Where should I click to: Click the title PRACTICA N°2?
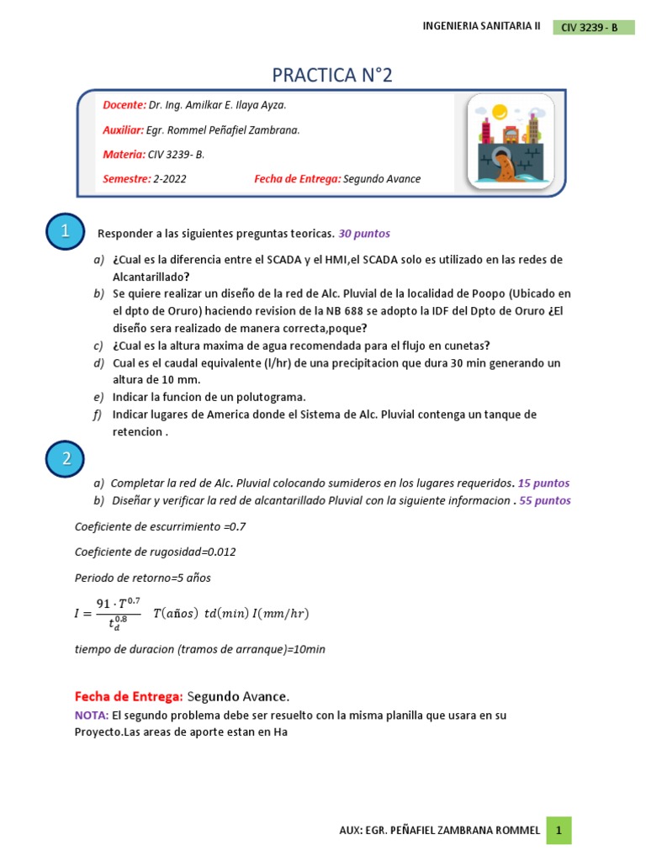coord(332,76)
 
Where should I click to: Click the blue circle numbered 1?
coord(64,232)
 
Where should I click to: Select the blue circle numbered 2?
coord(64,459)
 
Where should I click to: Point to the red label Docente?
coord(124,105)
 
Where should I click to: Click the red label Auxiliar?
coord(124,130)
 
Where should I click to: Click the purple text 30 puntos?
coord(364,233)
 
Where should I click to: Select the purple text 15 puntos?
coord(543,483)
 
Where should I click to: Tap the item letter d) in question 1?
coord(99,363)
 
